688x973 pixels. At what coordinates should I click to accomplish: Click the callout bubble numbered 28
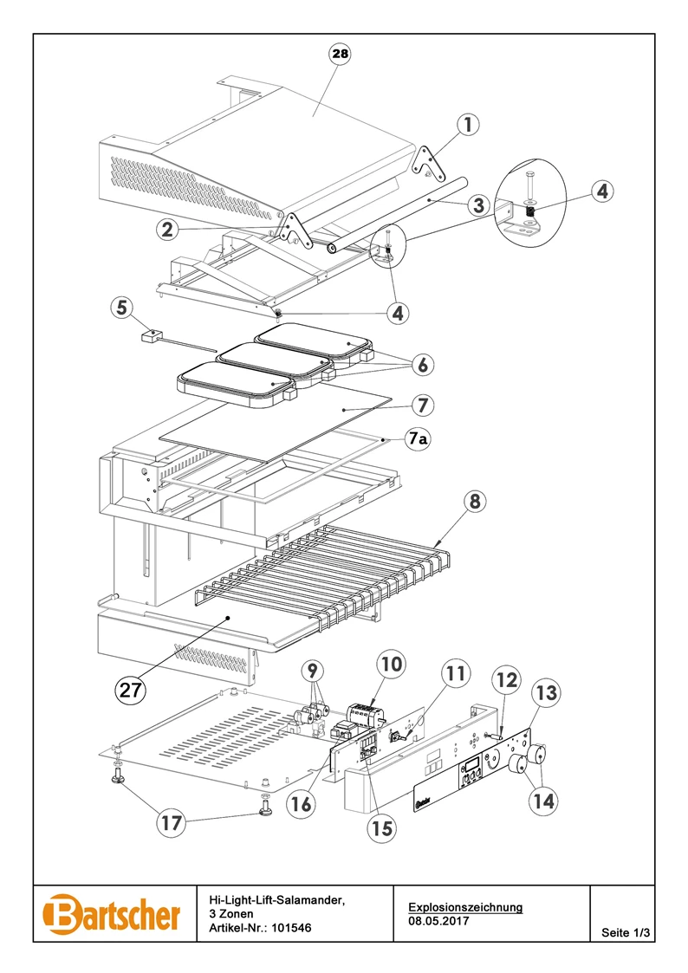click(x=340, y=54)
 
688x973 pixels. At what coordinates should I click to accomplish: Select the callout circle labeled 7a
click(x=418, y=439)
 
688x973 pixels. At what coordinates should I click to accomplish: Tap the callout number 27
click(x=130, y=689)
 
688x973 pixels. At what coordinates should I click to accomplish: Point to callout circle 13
click(x=546, y=692)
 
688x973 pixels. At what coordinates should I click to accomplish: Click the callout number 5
click(x=122, y=308)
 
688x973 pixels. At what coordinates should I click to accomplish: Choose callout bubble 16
click(x=302, y=803)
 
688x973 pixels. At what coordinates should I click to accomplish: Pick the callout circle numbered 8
click(x=475, y=502)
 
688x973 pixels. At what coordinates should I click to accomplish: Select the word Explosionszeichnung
click(x=465, y=907)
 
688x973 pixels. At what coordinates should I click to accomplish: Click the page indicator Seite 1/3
click(x=626, y=932)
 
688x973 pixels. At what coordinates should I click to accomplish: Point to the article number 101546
click(x=292, y=928)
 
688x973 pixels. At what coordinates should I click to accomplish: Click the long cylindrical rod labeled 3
click(x=397, y=212)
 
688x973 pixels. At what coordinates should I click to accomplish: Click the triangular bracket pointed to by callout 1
click(x=427, y=160)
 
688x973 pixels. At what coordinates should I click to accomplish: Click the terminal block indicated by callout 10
click(x=367, y=716)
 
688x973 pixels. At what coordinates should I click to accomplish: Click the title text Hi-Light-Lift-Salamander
click(x=276, y=899)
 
